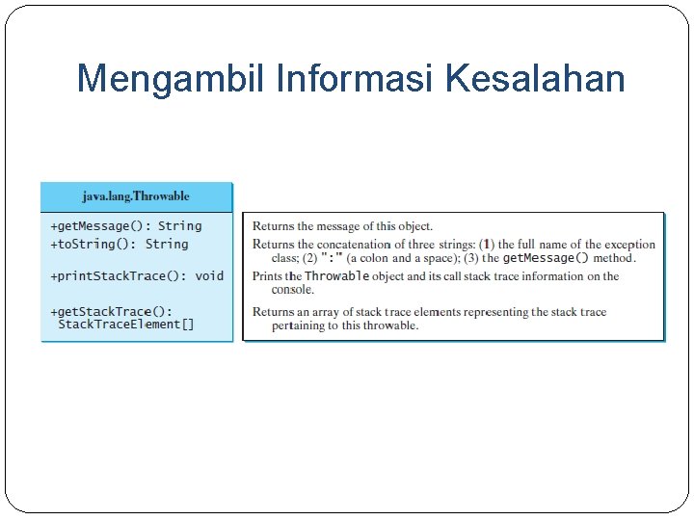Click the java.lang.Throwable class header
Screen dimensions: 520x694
136,196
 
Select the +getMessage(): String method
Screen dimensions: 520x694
126,226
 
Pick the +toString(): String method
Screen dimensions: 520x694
120,245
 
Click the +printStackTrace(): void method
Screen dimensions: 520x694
137,276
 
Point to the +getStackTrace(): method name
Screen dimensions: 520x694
112,311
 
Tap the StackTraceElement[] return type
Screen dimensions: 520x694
126,325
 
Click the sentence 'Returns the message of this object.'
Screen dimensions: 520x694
342,226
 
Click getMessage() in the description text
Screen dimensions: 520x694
546,258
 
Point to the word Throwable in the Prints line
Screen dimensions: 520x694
337,276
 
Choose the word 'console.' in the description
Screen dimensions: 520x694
293,290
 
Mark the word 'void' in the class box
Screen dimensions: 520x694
209,276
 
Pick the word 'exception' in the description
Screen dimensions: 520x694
629,245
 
